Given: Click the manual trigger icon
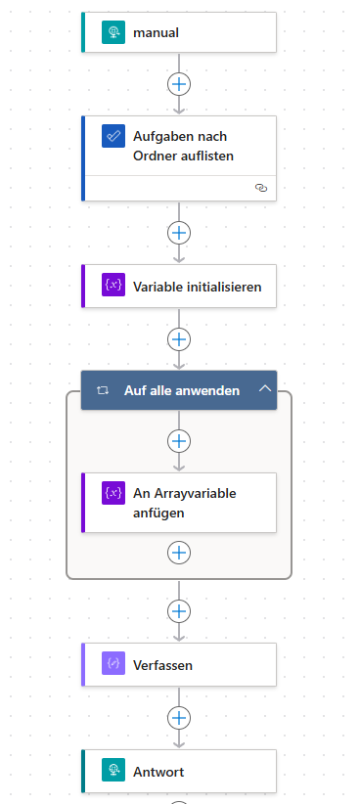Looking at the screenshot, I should pos(113,32).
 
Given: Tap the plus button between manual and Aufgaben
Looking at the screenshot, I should pos(179,83).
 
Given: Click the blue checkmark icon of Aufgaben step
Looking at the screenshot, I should pos(113,136).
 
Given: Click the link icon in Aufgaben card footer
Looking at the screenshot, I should pos(260,188).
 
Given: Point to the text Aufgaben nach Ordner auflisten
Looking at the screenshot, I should pos(184,146).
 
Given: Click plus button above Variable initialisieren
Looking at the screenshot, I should pos(179,233).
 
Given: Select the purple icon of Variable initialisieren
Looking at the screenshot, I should pos(113,286).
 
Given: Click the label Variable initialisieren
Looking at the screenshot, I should pos(198,287).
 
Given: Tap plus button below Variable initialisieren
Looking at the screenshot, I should pos(179,339).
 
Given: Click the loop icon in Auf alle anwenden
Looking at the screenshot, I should pos(103,390).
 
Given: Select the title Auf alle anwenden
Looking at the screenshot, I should pos(182,390).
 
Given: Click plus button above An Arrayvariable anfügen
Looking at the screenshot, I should pos(179,441).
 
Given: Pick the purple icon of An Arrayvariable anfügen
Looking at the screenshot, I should pos(113,493).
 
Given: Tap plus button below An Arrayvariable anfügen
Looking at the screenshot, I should pos(179,553).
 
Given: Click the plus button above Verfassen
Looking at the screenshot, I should pos(179,611).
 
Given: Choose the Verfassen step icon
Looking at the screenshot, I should pos(113,664).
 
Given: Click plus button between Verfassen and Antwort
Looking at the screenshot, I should pos(179,717).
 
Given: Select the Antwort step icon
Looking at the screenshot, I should pos(113,771).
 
